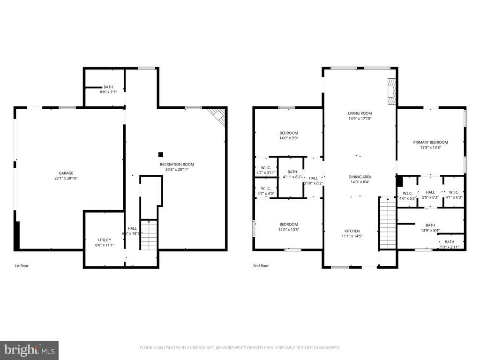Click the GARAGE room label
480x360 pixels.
tap(66, 173)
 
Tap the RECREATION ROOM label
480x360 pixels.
tap(177, 165)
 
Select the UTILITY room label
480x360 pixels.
tap(105, 240)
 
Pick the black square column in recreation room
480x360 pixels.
tap(161, 154)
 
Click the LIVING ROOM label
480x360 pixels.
tap(360, 113)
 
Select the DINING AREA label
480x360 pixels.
tap(360, 177)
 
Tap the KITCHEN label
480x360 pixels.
tap(352, 231)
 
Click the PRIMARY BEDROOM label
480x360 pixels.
tap(430, 142)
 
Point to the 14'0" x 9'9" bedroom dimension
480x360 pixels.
tap(289, 138)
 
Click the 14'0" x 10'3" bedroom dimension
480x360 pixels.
tap(289, 230)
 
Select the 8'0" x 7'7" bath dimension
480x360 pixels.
tap(108, 92)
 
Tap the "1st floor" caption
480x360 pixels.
tap(21, 266)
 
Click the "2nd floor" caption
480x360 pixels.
tap(261, 266)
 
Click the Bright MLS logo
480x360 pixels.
tap(29, 350)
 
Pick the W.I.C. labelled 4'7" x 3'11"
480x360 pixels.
tap(266, 170)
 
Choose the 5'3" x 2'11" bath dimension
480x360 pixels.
tap(449, 245)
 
